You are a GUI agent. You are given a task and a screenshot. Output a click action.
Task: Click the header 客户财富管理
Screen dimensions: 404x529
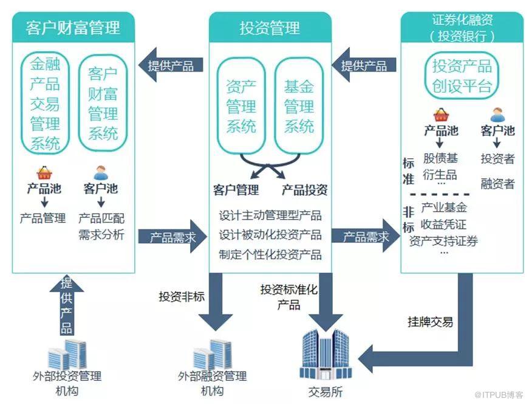pos(73,27)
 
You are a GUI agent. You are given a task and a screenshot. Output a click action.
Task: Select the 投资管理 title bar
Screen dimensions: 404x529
pos(270,27)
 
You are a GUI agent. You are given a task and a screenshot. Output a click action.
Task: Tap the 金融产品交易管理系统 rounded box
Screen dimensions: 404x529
pos(46,103)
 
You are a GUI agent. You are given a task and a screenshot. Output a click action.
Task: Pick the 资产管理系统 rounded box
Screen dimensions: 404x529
pos(241,106)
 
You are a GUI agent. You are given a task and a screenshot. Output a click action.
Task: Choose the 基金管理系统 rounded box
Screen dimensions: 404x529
pos(299,106)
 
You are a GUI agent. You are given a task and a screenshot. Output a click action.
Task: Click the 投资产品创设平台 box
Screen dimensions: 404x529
pos(462,75)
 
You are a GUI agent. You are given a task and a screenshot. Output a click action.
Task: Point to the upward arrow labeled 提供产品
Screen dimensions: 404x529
pos(67,304)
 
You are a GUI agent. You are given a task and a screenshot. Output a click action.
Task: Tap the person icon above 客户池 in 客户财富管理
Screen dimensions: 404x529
pos(100,173)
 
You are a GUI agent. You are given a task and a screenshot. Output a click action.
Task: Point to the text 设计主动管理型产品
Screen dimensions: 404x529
pos(270,215)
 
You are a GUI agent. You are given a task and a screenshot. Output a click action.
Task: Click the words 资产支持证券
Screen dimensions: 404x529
pos(443,241)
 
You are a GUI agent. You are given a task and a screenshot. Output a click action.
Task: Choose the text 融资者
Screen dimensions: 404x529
pos(497,184)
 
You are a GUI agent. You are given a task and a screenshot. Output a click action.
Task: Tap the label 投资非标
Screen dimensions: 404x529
pos(182,297)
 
